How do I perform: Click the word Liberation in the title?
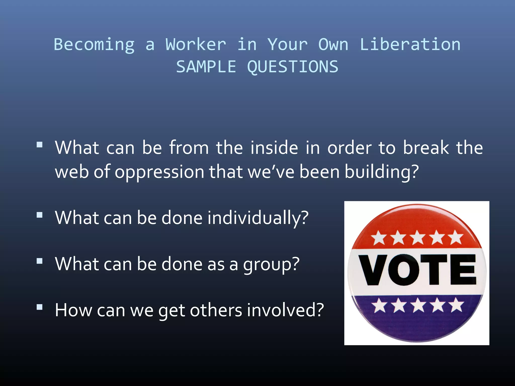click(x=410, y=44)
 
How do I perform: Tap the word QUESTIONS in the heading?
click(x=293, y=67)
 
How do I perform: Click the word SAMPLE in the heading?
click(x=206, y=67)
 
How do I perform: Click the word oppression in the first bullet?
click(x=159, y=172)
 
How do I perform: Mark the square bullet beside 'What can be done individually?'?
click(x=39, y=215)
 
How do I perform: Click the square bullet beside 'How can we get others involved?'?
click(x=39, y=307)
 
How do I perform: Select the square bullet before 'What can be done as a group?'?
click(x=39, y=261)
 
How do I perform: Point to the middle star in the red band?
click(x=418, y=237)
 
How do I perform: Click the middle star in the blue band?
click(x=418, y=305)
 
